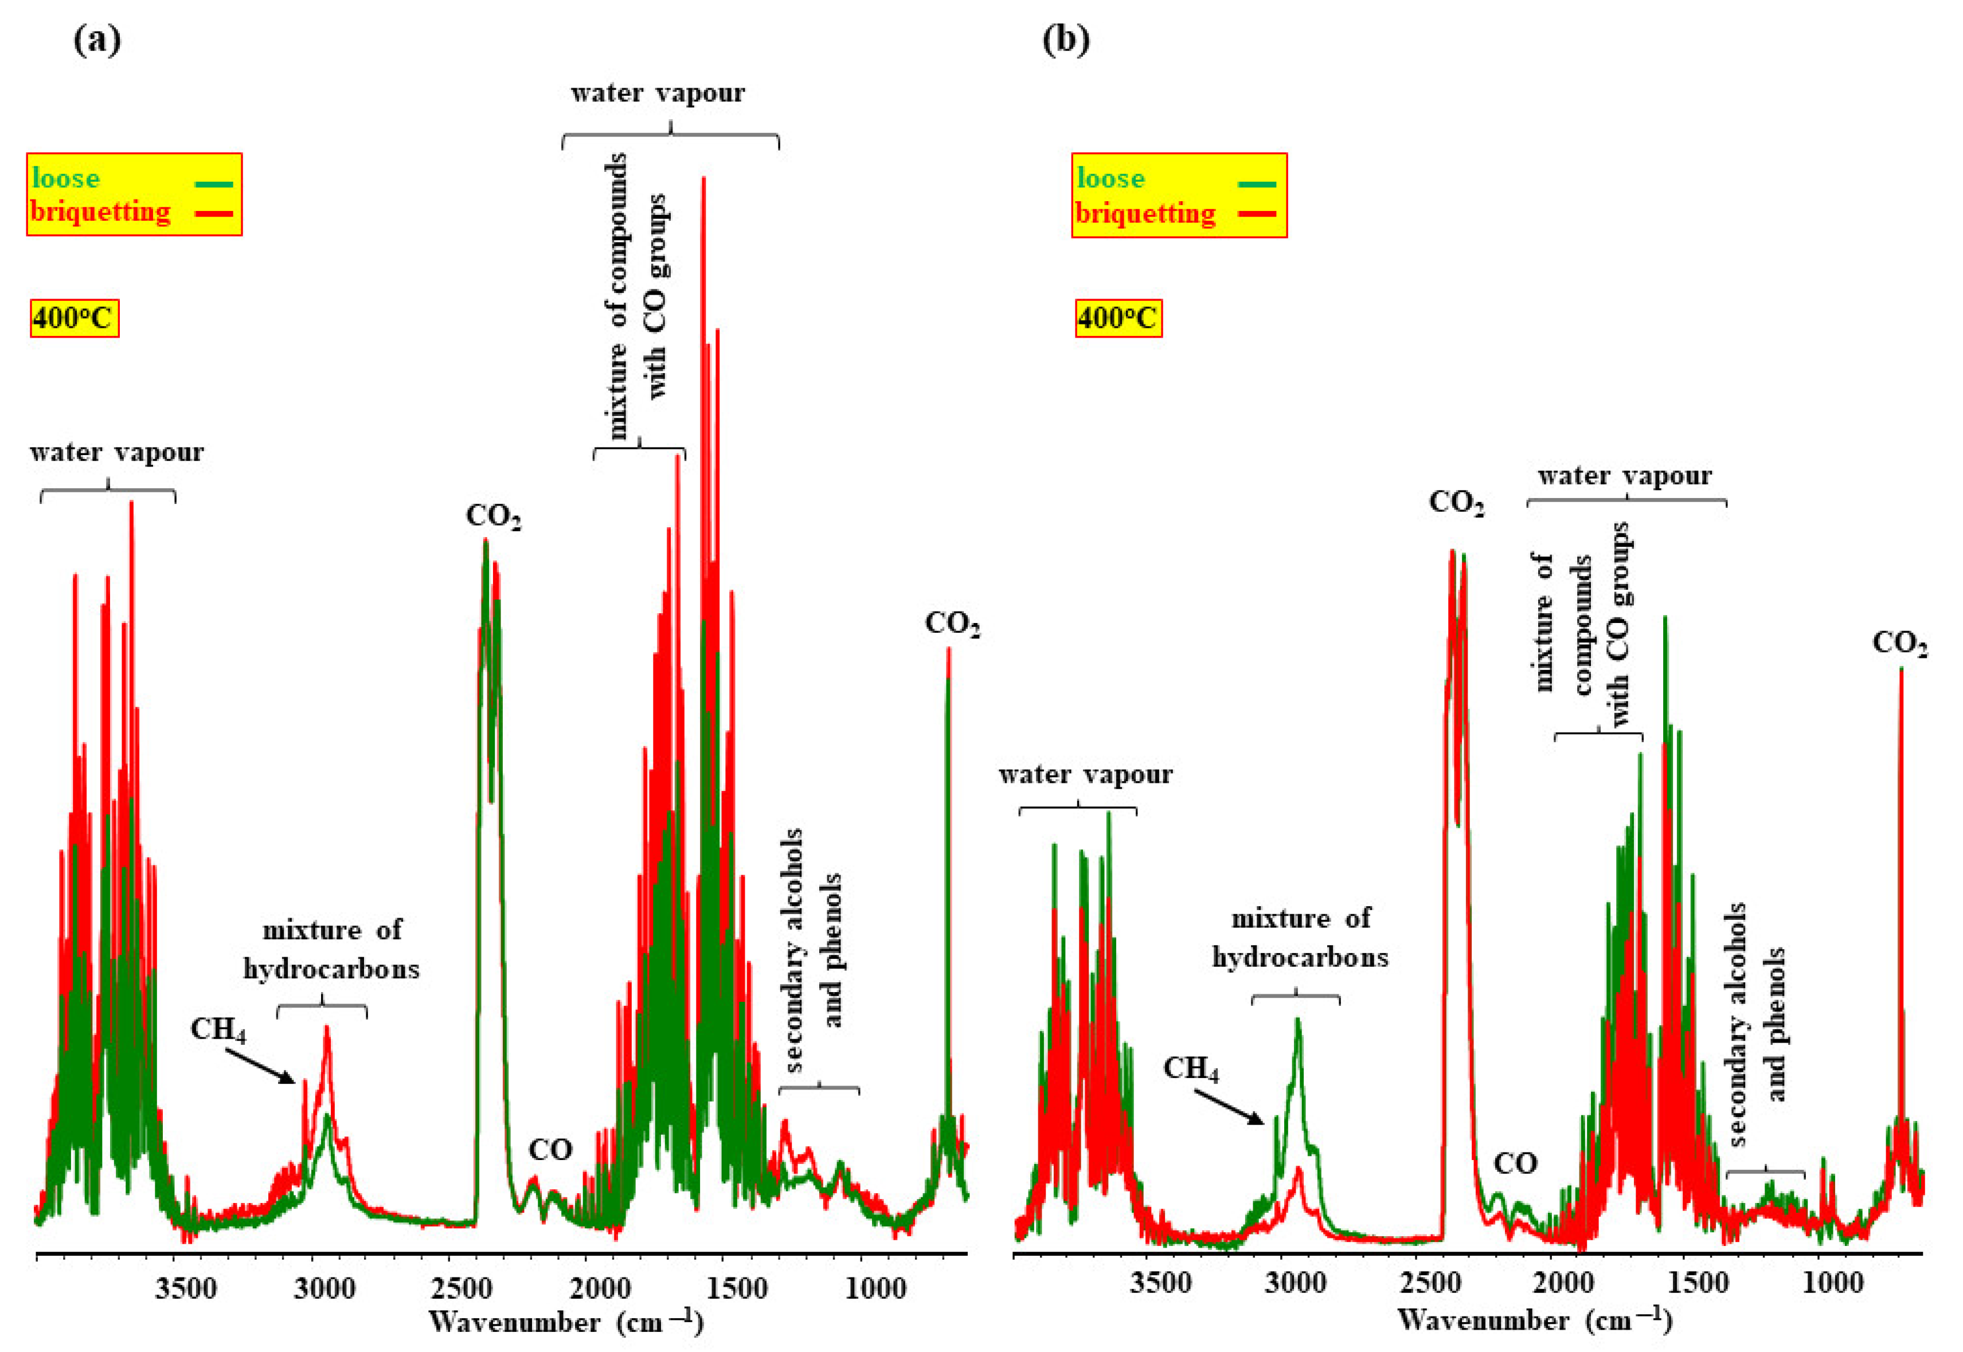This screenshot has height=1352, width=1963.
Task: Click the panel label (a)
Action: tap(97, 40)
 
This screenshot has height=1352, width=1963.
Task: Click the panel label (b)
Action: tap(1065, 40)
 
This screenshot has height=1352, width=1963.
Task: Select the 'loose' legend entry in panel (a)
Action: tap(66, 179)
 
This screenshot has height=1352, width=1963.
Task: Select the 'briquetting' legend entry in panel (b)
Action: tap(1145, 213)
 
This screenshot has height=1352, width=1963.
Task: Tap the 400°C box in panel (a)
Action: tap(74, 319)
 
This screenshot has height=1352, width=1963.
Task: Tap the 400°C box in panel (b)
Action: tap(1119, 319)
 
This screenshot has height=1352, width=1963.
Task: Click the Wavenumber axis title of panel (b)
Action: tap(1534, 1320)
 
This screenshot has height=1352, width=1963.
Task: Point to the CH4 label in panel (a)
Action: tap(218, 1029)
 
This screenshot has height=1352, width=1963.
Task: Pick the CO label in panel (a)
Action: tap(551, 1150)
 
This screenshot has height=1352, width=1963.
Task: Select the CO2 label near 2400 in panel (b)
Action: tap(1456, 503)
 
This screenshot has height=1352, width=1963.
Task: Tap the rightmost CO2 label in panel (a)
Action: tap(952, 624)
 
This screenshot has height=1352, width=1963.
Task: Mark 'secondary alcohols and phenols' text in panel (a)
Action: tap(814, 949)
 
